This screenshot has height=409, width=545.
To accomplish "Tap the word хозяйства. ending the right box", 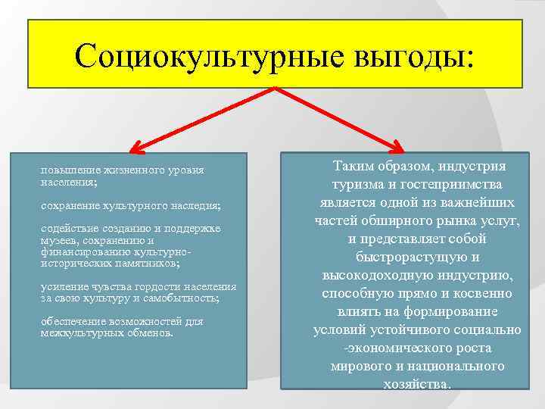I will (417, 384).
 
